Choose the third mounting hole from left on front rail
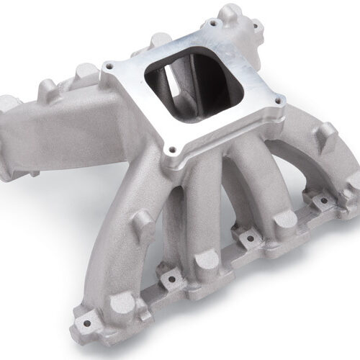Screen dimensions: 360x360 (x=249, y=236)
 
